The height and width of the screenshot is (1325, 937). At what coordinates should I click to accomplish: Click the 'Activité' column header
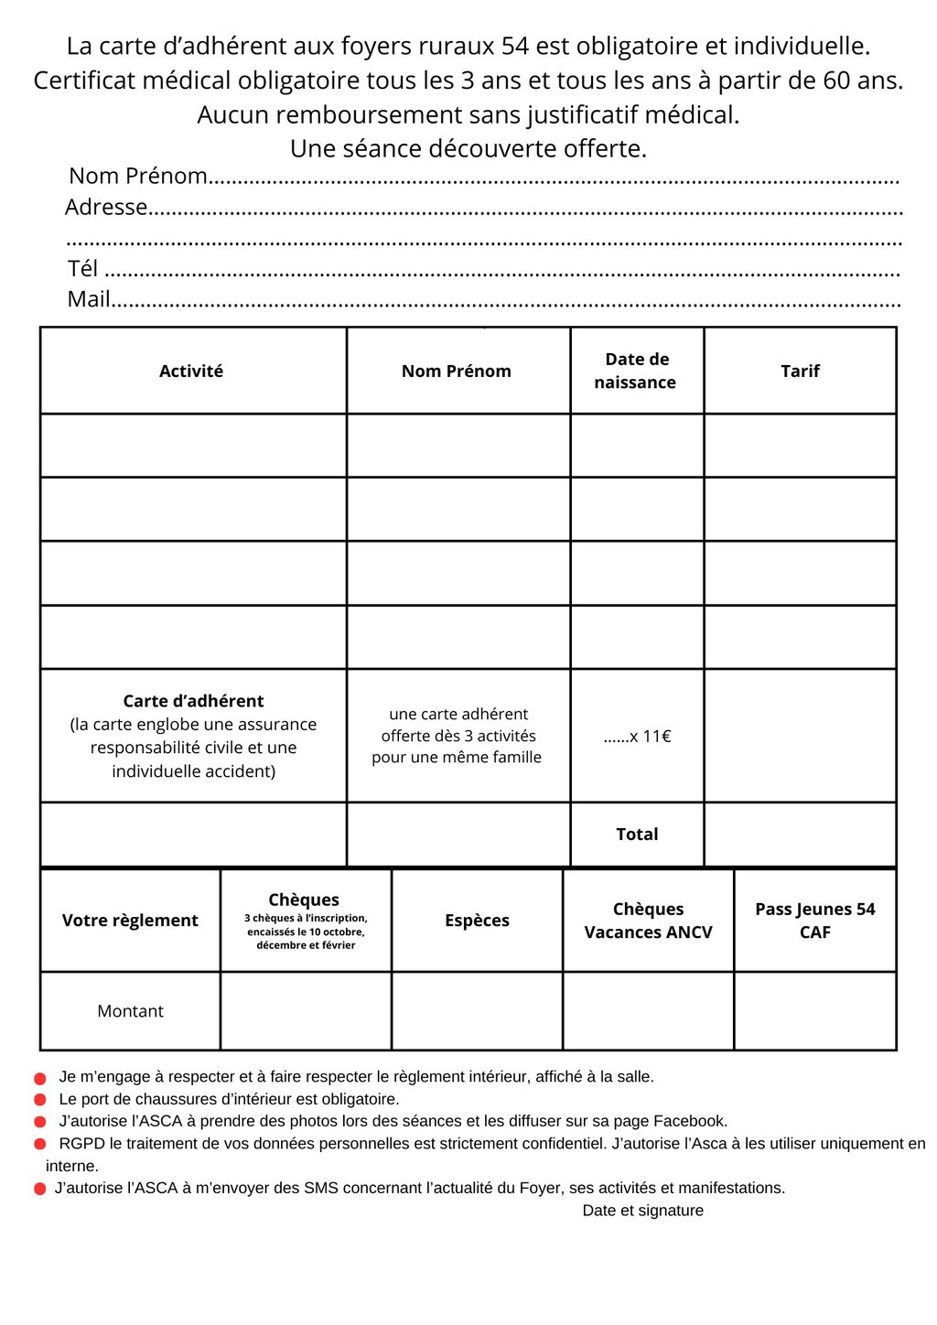tap(191, 371)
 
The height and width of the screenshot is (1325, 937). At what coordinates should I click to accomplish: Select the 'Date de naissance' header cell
tap(637, 371)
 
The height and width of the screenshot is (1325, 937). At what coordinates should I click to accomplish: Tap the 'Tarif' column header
tap(800, 371)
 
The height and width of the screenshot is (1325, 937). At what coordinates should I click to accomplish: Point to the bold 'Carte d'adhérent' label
tap(193, 701)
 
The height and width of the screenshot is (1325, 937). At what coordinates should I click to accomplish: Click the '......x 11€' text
tap(638, 737)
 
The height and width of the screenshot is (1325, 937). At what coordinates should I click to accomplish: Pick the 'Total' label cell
tap(637, 835)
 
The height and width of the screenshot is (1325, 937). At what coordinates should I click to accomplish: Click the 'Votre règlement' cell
tap(130, 921)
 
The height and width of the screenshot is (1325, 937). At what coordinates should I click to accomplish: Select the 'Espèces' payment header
tap(477, 921)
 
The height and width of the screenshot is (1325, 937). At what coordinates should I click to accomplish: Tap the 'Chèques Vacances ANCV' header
tap(648, 921)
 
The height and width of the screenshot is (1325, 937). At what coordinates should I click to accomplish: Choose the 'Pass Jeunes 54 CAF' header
tap(814, 921)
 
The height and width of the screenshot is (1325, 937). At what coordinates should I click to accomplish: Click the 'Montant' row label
tap(130, 1011)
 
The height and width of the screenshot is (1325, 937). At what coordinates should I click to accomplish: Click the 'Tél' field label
tap(82, 268)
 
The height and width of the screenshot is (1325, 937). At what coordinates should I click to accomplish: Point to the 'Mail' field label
tap(89, 299)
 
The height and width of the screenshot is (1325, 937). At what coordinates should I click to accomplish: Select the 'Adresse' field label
tap(106, 208)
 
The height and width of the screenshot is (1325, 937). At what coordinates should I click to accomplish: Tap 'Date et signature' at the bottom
tap(642, 1211)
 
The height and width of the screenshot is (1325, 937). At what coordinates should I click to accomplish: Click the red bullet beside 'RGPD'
tap(40, 1144)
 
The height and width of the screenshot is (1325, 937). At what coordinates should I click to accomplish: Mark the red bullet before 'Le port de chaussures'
tap(40, 1100)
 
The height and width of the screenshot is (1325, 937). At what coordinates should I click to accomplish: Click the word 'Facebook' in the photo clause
tap(693, 1121)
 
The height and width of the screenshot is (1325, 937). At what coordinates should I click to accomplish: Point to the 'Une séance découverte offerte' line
tap(468, 148)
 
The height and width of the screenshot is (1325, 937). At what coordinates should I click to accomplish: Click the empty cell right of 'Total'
tap(800, 835)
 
